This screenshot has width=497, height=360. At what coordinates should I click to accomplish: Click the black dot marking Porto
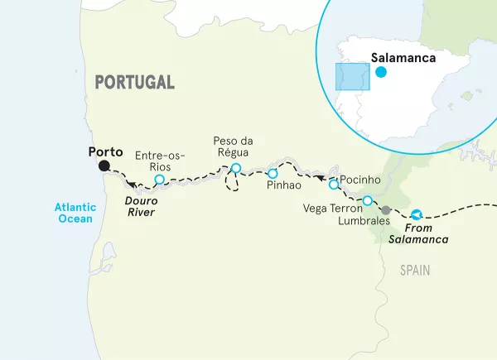pyautogui.click(x=104, y=166)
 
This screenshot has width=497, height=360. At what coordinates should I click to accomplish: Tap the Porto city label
pyautogui.click(x=104, y=152)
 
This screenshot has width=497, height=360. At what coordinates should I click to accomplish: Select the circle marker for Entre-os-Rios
pyautogui.click(x=160, y=179)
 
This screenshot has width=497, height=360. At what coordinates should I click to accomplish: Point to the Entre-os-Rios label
pyautogui.click(x=160, y=161)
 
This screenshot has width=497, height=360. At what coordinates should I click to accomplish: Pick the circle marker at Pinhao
pyautogui.click(x=273, y=173)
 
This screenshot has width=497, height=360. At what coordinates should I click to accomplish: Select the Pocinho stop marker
pyautogui.click(x=334, y=184)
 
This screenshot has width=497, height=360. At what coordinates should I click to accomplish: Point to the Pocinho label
pyautogui.click(x=360, y=180)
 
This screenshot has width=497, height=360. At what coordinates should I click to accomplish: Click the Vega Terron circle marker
pyautogui.click(x=368, y=200)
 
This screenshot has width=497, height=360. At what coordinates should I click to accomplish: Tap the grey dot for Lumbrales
pyautogui.click(x=385, y=209)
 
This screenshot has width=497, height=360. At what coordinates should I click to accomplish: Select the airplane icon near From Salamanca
pyautogui.click(x=416, y=214)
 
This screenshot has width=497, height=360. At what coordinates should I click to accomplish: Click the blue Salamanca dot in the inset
pyautogui.click(x=380, y=72)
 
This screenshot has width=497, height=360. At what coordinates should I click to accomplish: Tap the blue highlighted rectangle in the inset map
pyautogui.click(x=351, y=77)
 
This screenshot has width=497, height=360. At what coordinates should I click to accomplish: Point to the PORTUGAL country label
pyautogui.click(x=134, y=82)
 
